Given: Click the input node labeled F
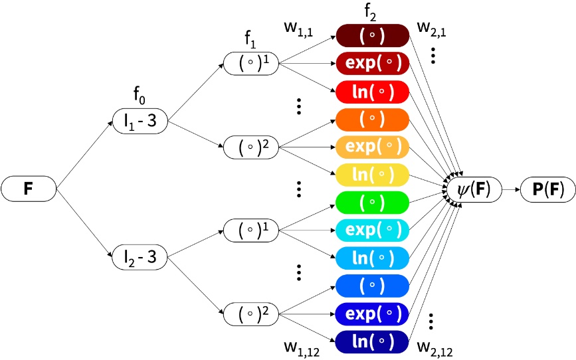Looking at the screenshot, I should tap(28, 189).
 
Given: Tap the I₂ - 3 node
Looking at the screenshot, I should tap(138, 257).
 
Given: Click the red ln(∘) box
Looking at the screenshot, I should tap(372, 90).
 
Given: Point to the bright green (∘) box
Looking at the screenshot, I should tap(372, 202).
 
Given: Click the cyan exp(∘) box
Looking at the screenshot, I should tap(372, 230).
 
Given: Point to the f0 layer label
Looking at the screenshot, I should tap(138, 100).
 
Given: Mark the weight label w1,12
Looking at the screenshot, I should tap(301, 346).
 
